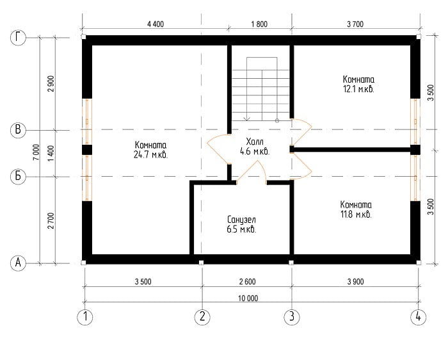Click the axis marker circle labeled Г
coord(18,37)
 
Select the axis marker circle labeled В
coord(18,130)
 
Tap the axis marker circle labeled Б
coord(18,176)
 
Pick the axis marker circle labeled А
coord(18,263)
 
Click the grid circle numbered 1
coord(85,317)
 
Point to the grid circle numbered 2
coord(202,317)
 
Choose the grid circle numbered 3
coord(292,317)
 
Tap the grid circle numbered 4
coord(419,317)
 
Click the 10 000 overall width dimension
coord(248,299)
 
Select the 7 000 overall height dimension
coord(36,152)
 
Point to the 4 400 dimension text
coord(156,24)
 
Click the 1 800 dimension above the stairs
coord(259,24)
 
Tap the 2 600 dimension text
coord(248,282)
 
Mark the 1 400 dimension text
coord(51,153)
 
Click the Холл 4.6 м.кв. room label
coord(255,147)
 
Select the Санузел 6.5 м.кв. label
coord(241,225)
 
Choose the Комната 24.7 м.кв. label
coord(150,150)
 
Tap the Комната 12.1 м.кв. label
coord(358,84)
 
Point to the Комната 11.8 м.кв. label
coord(356,209)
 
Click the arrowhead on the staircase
coord(247,118)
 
